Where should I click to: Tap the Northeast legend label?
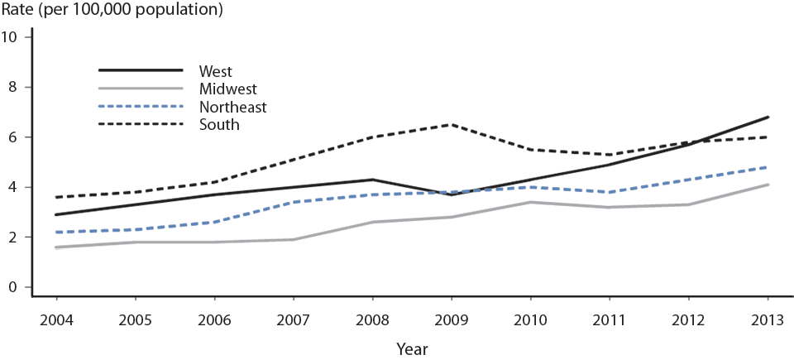tap(232, 107)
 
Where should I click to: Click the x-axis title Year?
tap(411, 349)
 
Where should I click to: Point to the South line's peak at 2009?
tap(452, 125)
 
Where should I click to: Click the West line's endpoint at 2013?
tap(768, 117)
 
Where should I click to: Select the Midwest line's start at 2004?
tap(56, 247)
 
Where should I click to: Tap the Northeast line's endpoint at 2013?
tap(768, 167)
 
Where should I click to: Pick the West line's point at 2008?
tap(372, 180)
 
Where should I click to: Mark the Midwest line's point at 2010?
tap(530, 202)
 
